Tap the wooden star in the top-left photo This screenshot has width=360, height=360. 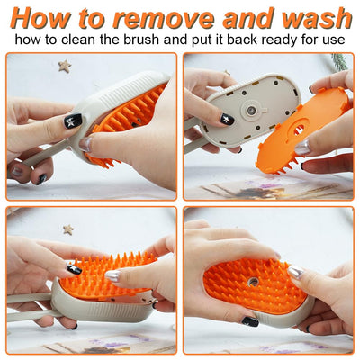click(x=64, y=67)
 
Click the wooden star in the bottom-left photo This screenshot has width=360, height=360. click(x=68, y=229)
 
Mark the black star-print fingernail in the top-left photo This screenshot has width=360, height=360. click(x=74, y=121)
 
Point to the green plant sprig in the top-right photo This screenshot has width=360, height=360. click(x=338, y=61)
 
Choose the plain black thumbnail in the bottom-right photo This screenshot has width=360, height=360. click(x=249, y=321)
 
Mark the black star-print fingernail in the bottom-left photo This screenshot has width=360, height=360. click(x=74, y=268)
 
